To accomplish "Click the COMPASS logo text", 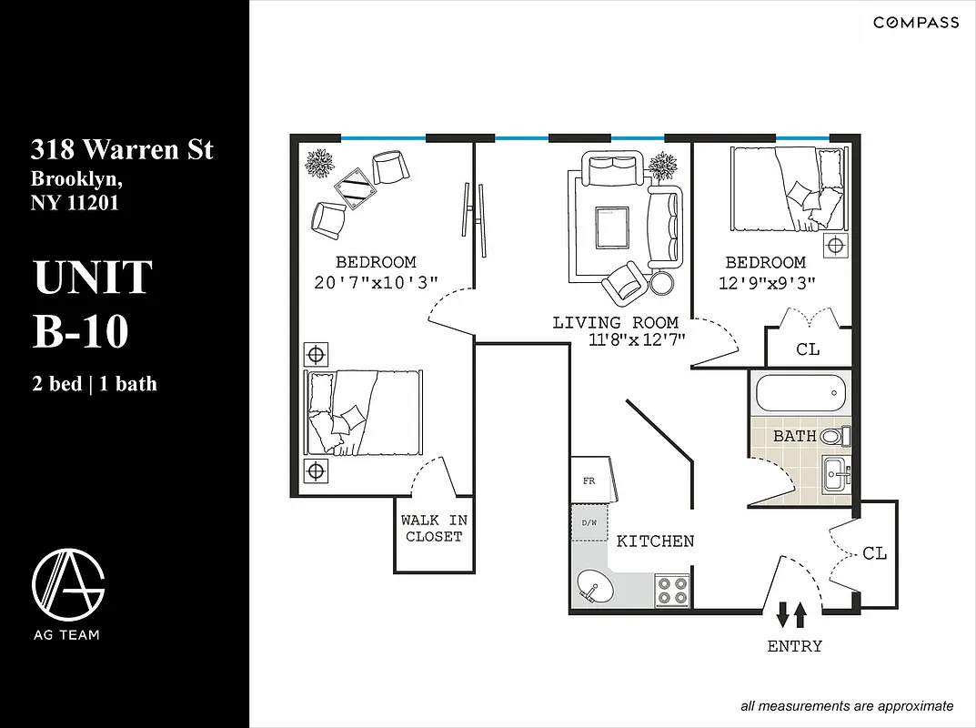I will (915, 23).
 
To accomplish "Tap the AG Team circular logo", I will (68, 583).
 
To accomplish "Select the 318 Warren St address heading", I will (122, 148).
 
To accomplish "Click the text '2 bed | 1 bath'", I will (95, 384).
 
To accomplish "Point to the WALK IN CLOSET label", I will (434, 529).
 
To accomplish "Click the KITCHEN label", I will (655, 541).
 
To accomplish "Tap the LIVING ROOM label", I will (615, 323).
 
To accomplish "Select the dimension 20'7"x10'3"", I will (376, 282).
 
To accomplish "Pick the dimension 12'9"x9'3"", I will (765, 282).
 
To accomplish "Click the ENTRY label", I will (794, 646).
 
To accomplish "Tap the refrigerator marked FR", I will (589, 480).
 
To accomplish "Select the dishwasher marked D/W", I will (589, 523).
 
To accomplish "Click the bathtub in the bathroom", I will (800, 394).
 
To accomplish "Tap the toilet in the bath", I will (833, 436).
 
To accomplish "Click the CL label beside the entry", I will (874, 553).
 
